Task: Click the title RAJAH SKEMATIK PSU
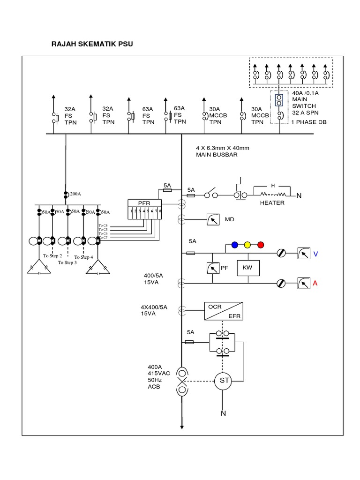(x=92, y=45)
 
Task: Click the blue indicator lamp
(x=235, y=245)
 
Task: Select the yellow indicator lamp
(x=248, y=245)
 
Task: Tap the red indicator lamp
(x=261, y=245)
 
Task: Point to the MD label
(x=229, y=219)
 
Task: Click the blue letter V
(x=316, y=254)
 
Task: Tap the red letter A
(x=316, y=283)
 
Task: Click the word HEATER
(x=272, y=203)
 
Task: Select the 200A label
(x=75, y=193)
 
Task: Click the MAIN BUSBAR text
(x=213, y=155)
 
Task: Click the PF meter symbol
(x=213, y=268)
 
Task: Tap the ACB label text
(x=154, y=388)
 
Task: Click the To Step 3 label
(x=67, y=262)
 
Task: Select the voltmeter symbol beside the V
(x=304, y=254)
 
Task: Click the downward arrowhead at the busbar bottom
(x=181, y=426)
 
